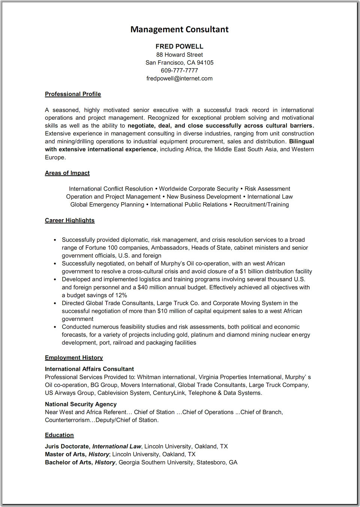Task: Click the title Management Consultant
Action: (179, 29)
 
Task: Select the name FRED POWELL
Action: (179, 47)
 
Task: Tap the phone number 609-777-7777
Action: (179, 71)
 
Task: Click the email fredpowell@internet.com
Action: (179, 78)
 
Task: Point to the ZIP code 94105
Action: (205, 63)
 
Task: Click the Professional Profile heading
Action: (73, 94)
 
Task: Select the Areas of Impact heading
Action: (67, 173)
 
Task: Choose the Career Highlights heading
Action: (70, 220)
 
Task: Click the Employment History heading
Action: (74, 358)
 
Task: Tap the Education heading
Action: (59, 435)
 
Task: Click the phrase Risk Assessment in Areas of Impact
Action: (267, 189)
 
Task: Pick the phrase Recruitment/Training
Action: (261, 205)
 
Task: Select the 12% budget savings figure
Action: (121, 295)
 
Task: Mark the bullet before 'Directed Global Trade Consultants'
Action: (55, 303)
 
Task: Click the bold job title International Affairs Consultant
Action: (89, 369)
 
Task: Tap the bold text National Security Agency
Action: (81, 404)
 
